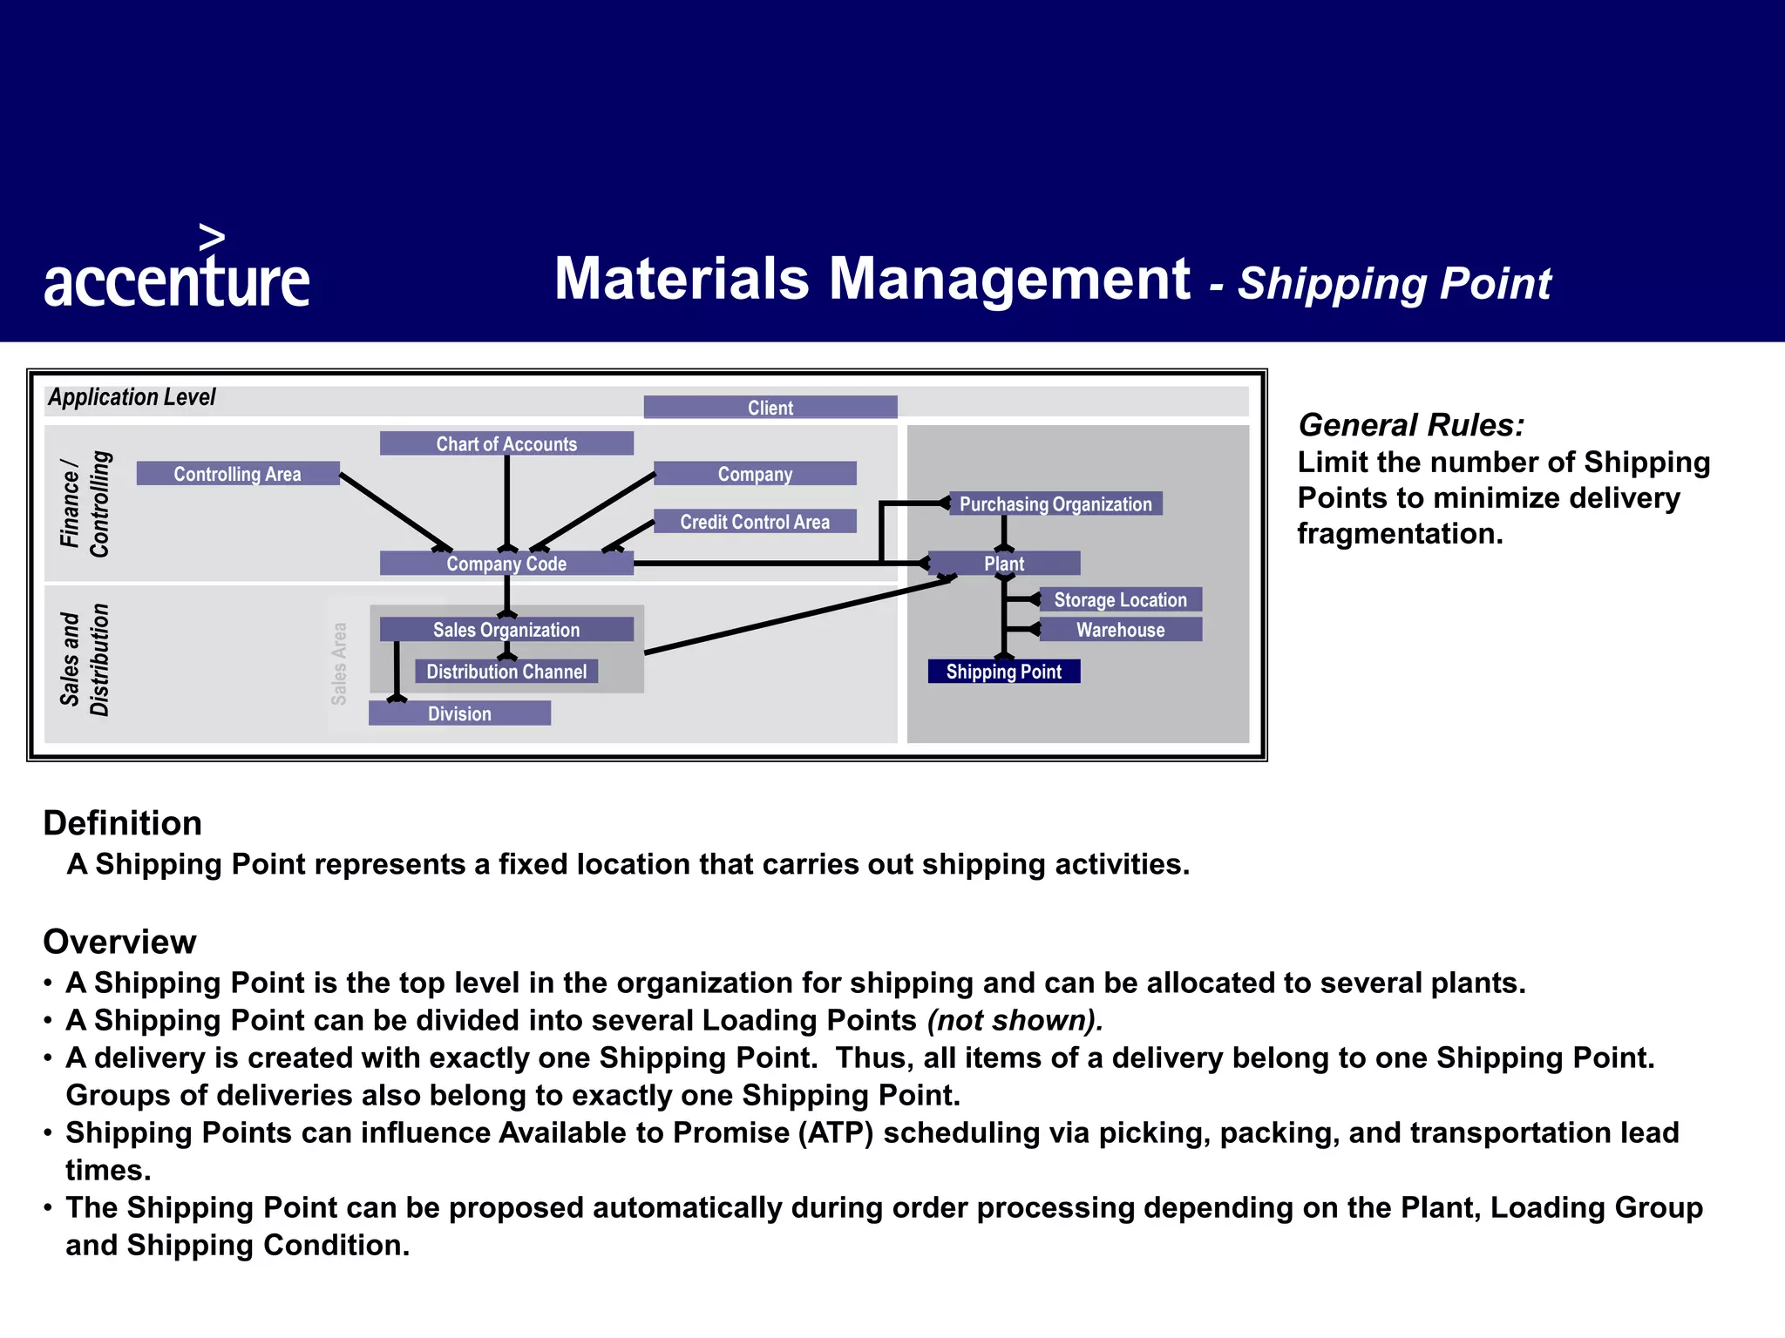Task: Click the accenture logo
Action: click(177, 273)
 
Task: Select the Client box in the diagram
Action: click(770, 408)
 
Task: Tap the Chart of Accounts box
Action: click(506, 443)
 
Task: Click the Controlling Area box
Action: click(238, 474)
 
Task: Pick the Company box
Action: click(755, 474)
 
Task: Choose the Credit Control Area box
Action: click(755, 522)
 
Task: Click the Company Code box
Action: click(506, 564)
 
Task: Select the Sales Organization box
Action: click(506, 630)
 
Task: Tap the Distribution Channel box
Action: click(506, 672)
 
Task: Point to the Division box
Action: click(459, 713)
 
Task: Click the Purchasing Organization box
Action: click(1055, 503)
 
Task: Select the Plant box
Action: click(1004, 564)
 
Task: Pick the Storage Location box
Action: click(1120, 599)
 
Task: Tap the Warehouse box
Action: click(1120, 630)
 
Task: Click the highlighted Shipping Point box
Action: click(1004, 672)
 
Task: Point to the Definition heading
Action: click(123, 823)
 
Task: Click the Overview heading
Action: click(120, 942)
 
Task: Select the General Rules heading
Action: click(1411, 425)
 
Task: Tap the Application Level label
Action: click(132, 397)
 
